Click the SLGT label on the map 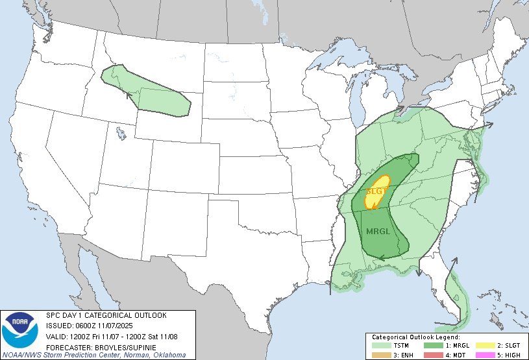coord(376,191)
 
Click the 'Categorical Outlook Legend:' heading coord(416,337)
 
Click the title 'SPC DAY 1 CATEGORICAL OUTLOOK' coord(106,315)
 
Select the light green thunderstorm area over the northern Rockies coord(149,94)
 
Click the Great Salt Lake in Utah coord(121,134)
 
